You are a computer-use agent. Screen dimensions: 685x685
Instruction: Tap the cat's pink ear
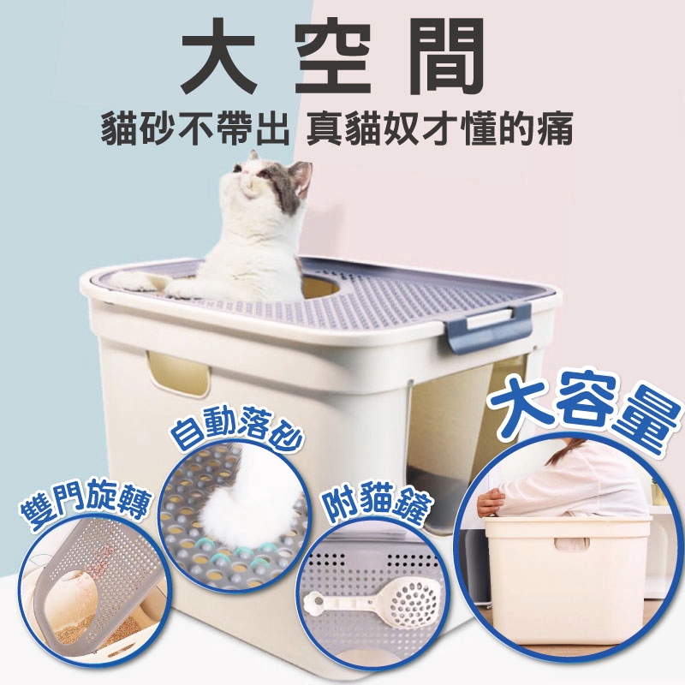tap(302, 174)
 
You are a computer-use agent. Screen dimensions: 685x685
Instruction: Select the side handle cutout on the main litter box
tap(178, 373)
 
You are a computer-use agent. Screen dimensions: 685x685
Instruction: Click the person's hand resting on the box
tap(488, 503)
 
